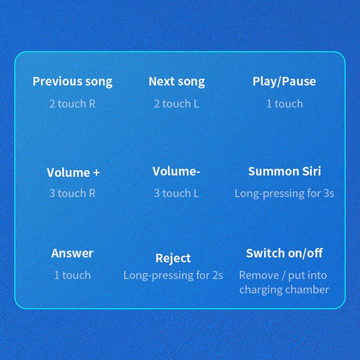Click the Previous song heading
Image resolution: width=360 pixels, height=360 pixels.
[72, 82]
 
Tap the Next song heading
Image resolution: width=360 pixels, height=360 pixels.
[176, 82]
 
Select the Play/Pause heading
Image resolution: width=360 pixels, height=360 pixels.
[284, 82]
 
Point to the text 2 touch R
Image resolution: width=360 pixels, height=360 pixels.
[72, 104]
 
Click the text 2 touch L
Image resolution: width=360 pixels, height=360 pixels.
[176, 104]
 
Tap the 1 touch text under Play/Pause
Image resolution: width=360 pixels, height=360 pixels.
[284, 104]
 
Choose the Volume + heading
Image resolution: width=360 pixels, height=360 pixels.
[73, 173]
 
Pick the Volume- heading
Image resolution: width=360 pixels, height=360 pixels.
[176, 172]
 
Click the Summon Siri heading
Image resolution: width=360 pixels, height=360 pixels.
[284, 172]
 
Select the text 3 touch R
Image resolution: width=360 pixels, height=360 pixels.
[72, 193]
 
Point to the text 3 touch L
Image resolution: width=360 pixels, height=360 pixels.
[176, 193]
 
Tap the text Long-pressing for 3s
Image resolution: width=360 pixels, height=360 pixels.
[284, 194]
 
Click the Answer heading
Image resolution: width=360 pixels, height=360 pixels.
[72, 253]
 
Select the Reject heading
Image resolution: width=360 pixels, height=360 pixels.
[173, 259]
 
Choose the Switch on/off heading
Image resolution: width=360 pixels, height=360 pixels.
[284, 253]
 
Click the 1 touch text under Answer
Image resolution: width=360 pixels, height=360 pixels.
[72, 275]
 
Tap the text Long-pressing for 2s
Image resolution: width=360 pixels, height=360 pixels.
[173, 276]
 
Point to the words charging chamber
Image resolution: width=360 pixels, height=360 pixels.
[284, 290]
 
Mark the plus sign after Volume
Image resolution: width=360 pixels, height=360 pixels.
[97, 173]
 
